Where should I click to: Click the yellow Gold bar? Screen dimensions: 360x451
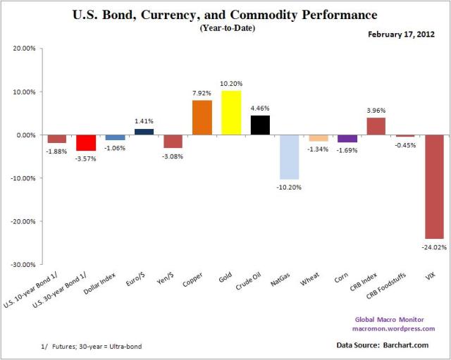coord(231,113)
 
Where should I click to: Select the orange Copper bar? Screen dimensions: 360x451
coord(202,118)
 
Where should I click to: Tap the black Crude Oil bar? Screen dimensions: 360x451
coord(260,125)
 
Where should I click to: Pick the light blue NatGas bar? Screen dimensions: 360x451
coord(289,157)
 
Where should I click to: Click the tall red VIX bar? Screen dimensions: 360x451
coord(434,187)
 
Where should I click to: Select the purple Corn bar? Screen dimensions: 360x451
coord(347,139)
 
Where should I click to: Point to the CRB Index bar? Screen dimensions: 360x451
coord(376,126)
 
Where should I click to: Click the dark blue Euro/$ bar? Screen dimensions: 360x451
coord(144,132)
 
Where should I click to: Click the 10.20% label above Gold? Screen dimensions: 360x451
coord(232,84)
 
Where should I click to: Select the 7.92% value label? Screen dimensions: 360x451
coord(202,94)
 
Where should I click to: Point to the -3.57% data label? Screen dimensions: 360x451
coord(86,159)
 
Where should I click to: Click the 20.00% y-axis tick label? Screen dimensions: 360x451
coord(24,49)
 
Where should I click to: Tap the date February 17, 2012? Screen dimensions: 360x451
coord(404,34)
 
